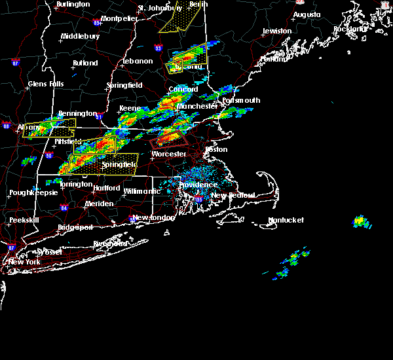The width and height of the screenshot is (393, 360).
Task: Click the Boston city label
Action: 217,149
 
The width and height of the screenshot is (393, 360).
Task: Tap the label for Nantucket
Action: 286,221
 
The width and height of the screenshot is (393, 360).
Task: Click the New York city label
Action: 25,262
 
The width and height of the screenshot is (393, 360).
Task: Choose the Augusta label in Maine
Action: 307,14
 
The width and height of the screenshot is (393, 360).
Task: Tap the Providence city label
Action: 198,185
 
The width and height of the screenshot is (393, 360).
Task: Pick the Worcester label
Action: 169,154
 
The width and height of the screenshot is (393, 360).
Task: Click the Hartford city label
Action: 106,188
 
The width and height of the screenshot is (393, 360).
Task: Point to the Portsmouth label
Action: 241,100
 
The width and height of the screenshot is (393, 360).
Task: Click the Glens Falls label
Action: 46,84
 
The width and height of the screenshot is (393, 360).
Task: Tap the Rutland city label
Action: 85,63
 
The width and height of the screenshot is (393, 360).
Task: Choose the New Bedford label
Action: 227,196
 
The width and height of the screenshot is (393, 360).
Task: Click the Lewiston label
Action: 276,31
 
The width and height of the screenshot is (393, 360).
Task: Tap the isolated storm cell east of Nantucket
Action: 361,222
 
